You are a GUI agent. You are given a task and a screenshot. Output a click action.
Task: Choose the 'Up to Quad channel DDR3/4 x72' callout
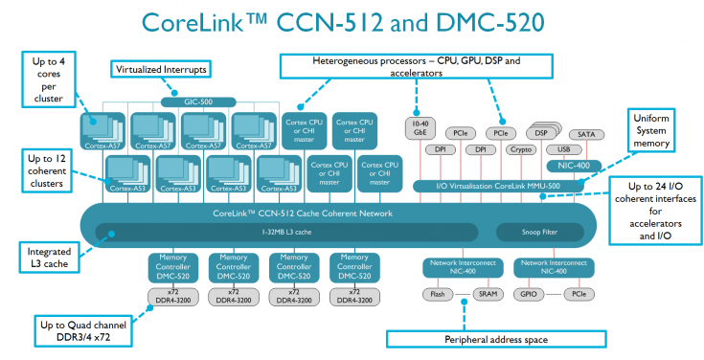[84, 330]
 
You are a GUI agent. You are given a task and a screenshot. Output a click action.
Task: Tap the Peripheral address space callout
[495, 338]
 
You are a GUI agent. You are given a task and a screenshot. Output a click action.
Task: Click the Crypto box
[521, 150]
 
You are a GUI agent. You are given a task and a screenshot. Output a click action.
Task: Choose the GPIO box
[528, 294]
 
